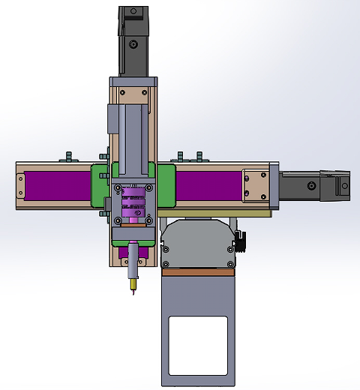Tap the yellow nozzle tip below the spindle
pyautogui.click(x=133, y=285)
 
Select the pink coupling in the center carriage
pyautogui.click(x=133, y=205)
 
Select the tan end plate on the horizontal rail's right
pyautogui.click(x=255, y=184)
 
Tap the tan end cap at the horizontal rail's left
pyautogui.click(x=20, y=185)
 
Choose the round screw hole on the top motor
pyautogui.click(x=133, y=45)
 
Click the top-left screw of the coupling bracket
pyautogui.click(x=115, y=187)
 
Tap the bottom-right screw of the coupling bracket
pyautogui.click(x=150, y=220)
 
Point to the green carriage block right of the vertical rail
pyautogui.click(x=166, y=186)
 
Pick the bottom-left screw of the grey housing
pyautogui.click(x=166, y=262)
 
